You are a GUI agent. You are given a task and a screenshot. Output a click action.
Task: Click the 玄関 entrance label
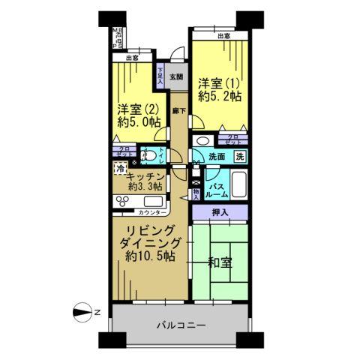[x=175, y=76]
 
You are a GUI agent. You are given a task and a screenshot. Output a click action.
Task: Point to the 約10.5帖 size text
[x=151, y=256]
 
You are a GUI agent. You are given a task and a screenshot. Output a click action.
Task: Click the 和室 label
[x=223, y=263]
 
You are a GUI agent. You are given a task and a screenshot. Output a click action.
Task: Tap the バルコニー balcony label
[x=182, y=326]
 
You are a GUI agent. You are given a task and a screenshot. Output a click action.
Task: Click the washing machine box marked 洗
[x=238, y=157]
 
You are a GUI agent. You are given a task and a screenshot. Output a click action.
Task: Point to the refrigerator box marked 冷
[x=120, y=170]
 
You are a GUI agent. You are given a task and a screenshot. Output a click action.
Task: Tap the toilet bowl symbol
[x=149, y=157]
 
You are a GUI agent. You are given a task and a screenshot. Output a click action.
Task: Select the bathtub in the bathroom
[x=239, y=184]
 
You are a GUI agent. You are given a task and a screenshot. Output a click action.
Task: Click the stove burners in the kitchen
[x=123, y=201]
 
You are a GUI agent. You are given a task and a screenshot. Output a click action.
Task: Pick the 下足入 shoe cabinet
[x=160, y=75]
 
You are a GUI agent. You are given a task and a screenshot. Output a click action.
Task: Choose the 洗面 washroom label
[x=217, y=157]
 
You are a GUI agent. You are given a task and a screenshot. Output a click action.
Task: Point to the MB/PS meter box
[x=118, y=38]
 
